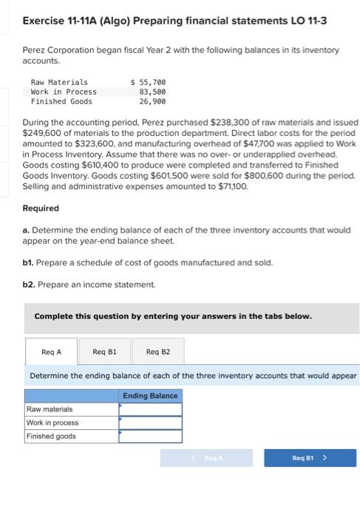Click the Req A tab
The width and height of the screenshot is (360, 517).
coord(52,352)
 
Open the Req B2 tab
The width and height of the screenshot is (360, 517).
coord(157,352)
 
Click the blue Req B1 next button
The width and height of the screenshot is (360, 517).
coord(310,458)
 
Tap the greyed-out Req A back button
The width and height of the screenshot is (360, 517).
coord(210,458)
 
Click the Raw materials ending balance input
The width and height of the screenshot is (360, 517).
coord(150,408)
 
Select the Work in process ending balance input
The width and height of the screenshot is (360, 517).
coord(150,422)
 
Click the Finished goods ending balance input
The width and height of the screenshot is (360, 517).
coord(150,436)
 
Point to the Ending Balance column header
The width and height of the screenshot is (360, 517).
coord(150,396)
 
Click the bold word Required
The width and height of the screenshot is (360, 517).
coord(41,208)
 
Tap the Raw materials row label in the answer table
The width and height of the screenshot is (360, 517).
coord(50,408)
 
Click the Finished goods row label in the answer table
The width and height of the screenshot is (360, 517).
coord(51,436)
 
